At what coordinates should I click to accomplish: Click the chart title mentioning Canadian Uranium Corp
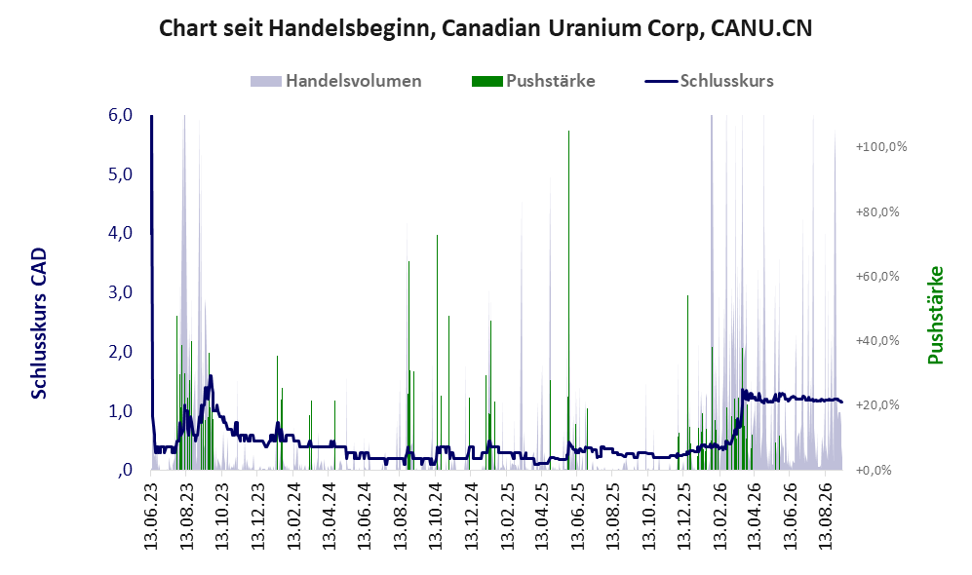[x=486, y=28]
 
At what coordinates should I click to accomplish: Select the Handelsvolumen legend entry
[x=336, y=81]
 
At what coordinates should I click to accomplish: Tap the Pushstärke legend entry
[x=533, y=81]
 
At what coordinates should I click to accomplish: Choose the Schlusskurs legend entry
[x=709, y=81]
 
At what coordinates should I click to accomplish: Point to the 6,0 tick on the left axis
[x=120, y=115]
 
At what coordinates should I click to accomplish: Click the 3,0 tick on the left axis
[x=120, y=292]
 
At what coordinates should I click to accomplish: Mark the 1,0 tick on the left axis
[x=120, y=411]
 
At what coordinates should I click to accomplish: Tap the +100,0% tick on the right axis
[x=881, y=147]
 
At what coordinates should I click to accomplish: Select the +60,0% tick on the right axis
[x=877, y=277]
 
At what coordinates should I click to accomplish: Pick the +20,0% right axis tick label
[x=877, y=405]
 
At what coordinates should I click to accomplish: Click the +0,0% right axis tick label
[x=874, y=471]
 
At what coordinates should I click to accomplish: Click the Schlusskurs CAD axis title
[x=39, y=324]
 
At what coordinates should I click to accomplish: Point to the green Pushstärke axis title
[x=935, y=316]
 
